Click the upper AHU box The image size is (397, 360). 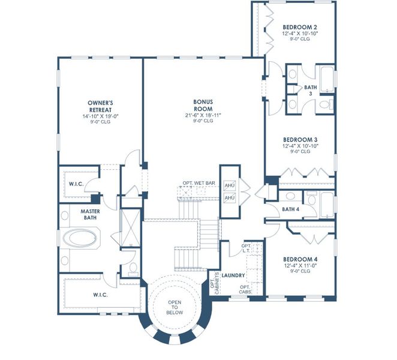pos(229,185)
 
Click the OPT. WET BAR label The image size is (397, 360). pos(199,182)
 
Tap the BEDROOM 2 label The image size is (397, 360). pos(299,27)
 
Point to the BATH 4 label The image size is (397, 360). pos(291,209)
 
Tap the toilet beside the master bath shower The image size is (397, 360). pos(133,266)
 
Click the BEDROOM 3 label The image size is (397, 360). pos(299,139)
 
